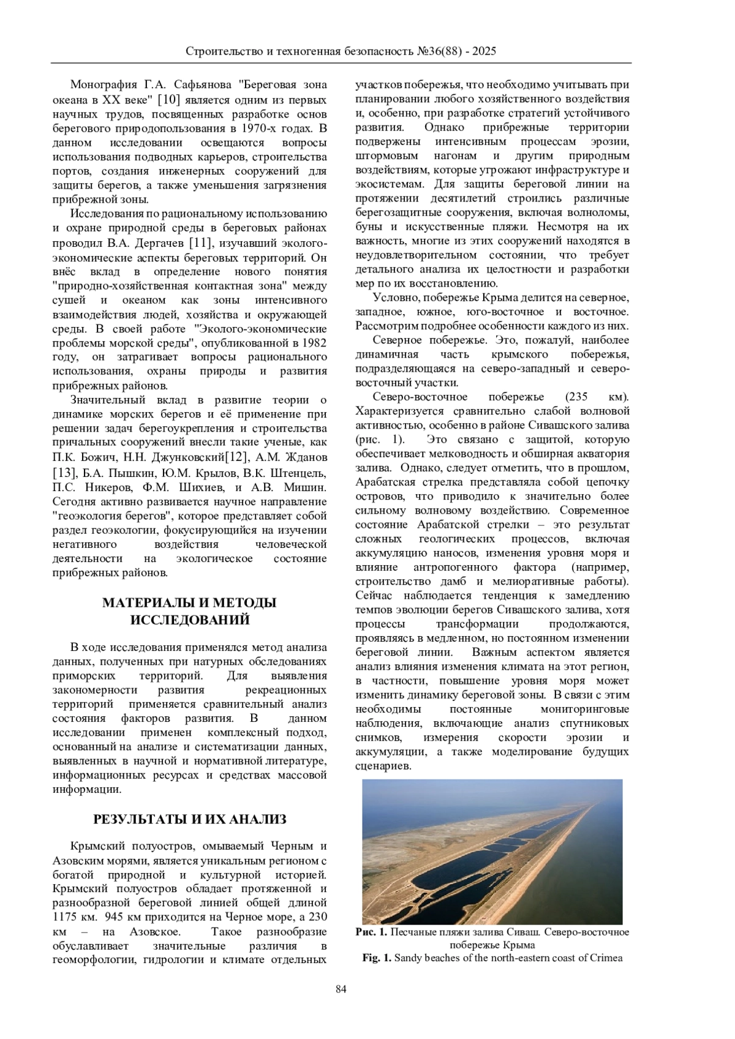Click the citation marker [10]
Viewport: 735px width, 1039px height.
(x=168, y=99)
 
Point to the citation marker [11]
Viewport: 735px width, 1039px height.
(x=200, y=242)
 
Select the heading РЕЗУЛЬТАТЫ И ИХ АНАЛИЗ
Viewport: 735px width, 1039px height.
(x=189, y=819)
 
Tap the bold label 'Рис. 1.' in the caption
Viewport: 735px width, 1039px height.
(x=371, y=932)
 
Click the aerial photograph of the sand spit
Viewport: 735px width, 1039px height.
(x=492, y=851)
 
